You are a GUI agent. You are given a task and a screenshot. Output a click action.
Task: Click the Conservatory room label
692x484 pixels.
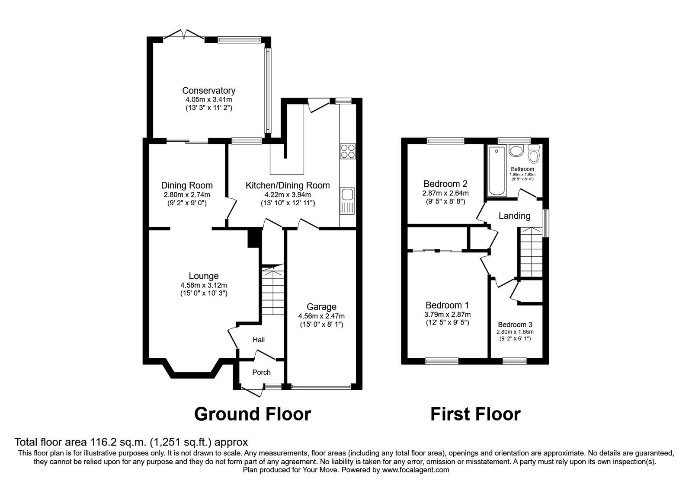click(208, 91)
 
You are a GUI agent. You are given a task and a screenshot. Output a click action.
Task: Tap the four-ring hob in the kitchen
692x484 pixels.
click(348, 151)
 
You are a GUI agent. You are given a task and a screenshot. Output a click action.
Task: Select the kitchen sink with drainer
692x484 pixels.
click(347, 201)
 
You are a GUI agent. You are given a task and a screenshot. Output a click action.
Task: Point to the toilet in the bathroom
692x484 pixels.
click(535, 154)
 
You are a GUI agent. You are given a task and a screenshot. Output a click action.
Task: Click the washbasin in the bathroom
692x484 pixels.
click(516, 151)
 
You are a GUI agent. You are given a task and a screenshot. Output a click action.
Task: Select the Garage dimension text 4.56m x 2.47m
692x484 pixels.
click(321, 316)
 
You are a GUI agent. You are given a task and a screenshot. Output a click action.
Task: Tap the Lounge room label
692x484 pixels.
click(204, 276)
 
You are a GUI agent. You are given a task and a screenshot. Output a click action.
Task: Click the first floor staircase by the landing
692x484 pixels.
click(531, 253)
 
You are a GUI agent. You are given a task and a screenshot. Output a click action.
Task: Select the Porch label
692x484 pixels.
click(261, 372)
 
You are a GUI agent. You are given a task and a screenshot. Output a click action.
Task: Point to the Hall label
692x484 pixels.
click(259, 340)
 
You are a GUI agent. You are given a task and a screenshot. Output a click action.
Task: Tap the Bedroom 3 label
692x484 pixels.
click(515, 325)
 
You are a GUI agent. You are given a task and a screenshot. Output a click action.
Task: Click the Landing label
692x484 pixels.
click(514, 216)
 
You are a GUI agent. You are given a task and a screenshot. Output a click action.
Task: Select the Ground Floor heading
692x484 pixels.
click(252, 414)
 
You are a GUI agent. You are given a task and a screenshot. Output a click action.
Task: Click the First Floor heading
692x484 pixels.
click(475, 414)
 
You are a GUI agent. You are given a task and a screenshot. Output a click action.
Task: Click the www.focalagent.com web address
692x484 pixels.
click(416, 470)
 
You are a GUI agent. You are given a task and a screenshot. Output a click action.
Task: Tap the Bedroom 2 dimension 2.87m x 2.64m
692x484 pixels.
click(445, 193)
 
